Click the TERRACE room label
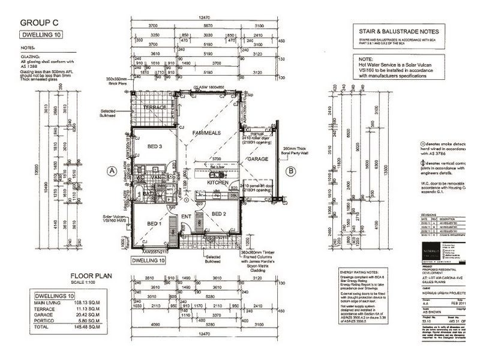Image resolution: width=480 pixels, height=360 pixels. (x=154, y=107)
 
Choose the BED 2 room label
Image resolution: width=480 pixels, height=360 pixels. (x=219, y=214)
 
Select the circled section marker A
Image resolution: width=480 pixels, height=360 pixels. (x=112, y=171)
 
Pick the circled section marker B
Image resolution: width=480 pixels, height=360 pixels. (x=291, y=171)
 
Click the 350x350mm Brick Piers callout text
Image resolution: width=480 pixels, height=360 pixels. (x=117, y=81)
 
